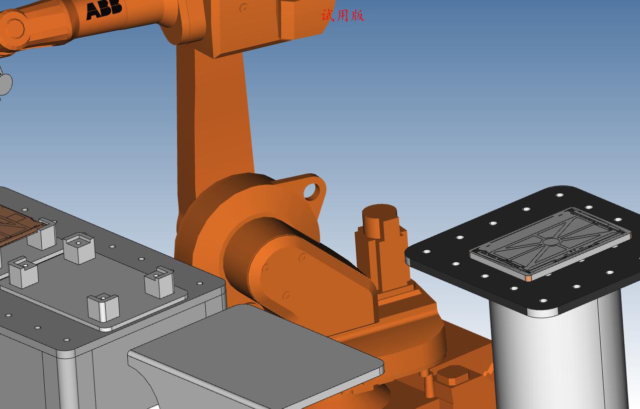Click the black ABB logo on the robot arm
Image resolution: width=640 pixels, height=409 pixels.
point(104,10)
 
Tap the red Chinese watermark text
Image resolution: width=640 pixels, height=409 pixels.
point(343,16)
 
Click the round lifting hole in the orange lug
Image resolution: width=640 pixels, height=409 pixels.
point(311,191)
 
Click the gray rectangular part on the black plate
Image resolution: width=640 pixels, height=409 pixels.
point(550,244)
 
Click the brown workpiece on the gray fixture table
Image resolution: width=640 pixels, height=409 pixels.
point(18,226)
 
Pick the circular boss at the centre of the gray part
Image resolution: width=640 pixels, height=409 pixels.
point(550,242)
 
